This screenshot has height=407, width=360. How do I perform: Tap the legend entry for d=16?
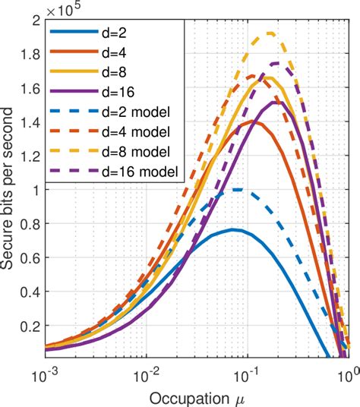click(118, 93)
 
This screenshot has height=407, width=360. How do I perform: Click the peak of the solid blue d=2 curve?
click(235, 229)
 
